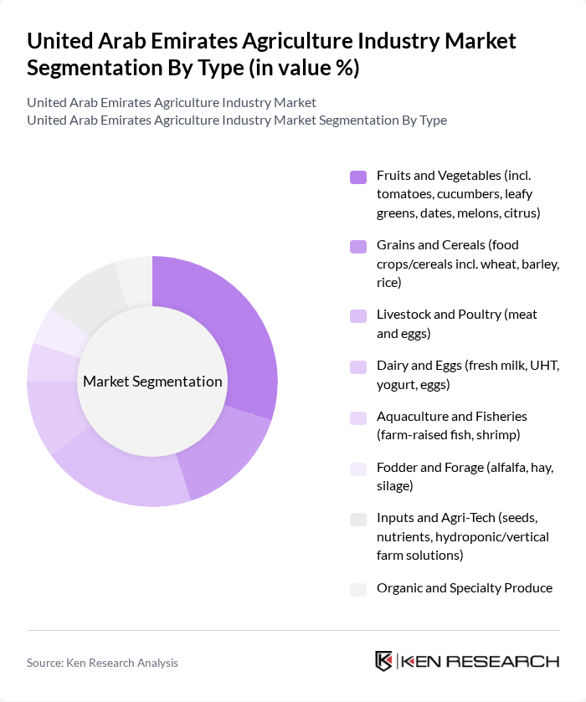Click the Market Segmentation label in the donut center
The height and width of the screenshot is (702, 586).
coord(152,382)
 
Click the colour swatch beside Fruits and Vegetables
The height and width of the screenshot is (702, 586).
coord(358,177)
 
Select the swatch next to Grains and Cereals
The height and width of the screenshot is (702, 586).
coord(358,247)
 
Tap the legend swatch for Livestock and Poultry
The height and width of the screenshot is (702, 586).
coord(358,316)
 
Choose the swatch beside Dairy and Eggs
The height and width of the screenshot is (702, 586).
coord(358,367)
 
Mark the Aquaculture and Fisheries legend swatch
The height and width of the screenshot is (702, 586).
coord(358,418)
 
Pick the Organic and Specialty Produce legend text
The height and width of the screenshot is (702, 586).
coord(464,588)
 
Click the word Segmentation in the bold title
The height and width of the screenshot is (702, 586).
coord(89,67)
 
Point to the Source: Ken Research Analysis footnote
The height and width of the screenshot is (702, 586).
coord(102,663)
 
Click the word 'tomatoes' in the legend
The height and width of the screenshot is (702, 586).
coord(405,194)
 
